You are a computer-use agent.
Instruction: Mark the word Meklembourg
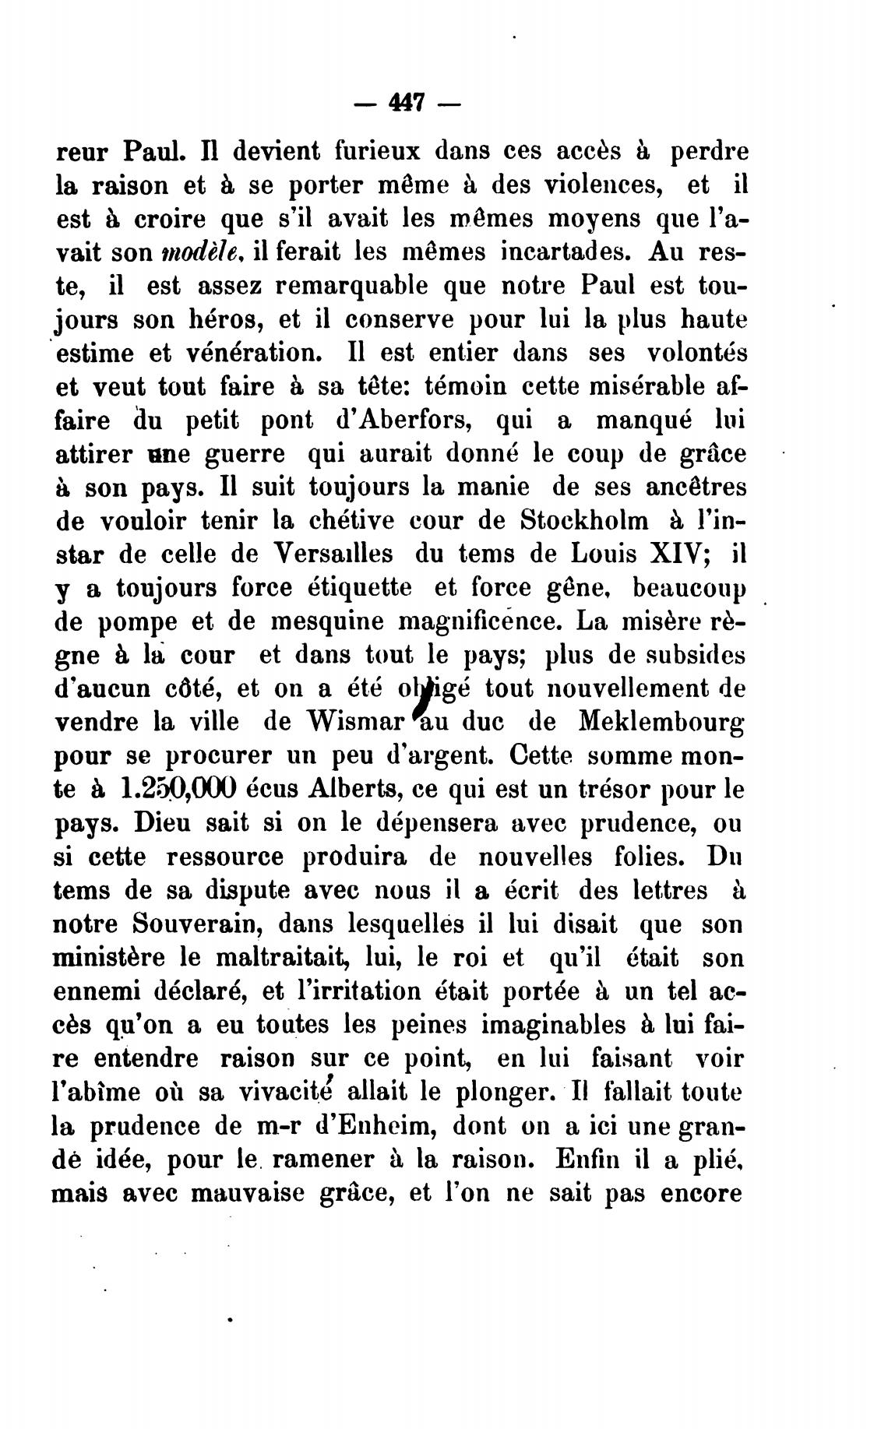click(661, 723)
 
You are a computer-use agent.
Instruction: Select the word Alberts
click(346, 790)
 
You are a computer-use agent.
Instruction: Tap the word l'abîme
click(97, 1092)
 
